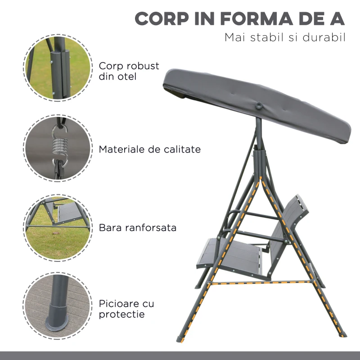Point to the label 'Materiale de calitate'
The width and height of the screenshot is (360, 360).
tap(150, 149)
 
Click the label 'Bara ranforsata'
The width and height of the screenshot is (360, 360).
tap(138, 228)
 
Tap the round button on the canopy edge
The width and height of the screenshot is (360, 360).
tap(259, 105)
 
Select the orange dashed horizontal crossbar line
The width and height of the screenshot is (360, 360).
tap(261, 283)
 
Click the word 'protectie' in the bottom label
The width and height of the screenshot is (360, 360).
tap(122, 314)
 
